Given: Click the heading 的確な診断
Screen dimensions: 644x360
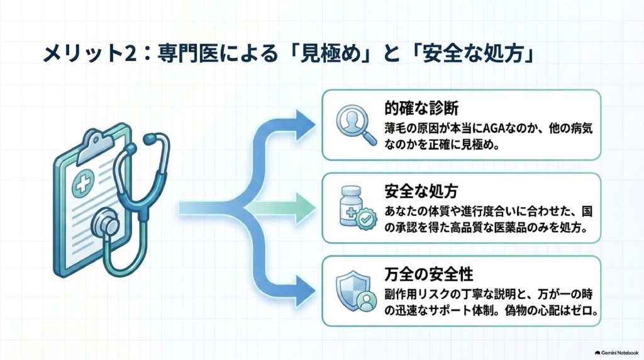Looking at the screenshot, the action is [421, 108].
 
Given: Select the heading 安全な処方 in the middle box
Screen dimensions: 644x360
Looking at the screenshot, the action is [421, 191].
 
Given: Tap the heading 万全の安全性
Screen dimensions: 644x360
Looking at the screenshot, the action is [429, 274].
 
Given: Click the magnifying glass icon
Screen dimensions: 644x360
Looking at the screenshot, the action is [356, 125].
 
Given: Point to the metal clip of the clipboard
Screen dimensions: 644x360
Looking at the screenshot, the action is [96, 146].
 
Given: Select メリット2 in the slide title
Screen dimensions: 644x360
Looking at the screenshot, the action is [89, 55].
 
